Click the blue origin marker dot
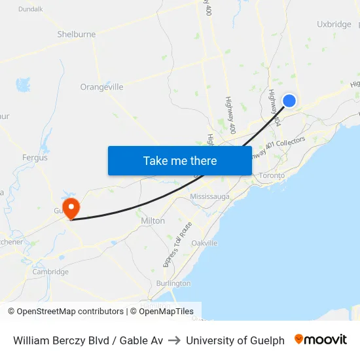pyautogui.click(x=289, y=100)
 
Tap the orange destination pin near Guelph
pyautogui.click(x=71, y=208)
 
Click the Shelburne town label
pyautogui.click(x=77, y=34)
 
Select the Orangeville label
pyautogui.click(x=101, y=87)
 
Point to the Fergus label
pyautogui.click(x=35, y=158)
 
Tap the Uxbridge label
pyautogui.click(x=334, y=24)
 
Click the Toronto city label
pyautogui.click(x=272, y=175)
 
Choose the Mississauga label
pyautogui.click(x=209, y=196)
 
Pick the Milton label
pyautogui.click(x=153, y=221)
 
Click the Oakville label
pyautogui.click(x=204, y=243)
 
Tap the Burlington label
pyautogui.click(x=173, y=283)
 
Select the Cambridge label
pyautogui.click(x=50, y=272)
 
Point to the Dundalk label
pyautogui.click(x=30, y=9)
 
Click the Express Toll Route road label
pyautogui.click(x=177, y=245)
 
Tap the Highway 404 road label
pyautogui.click(x=274, y=108)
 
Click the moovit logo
pyautogui.click(x=321, y=340)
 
